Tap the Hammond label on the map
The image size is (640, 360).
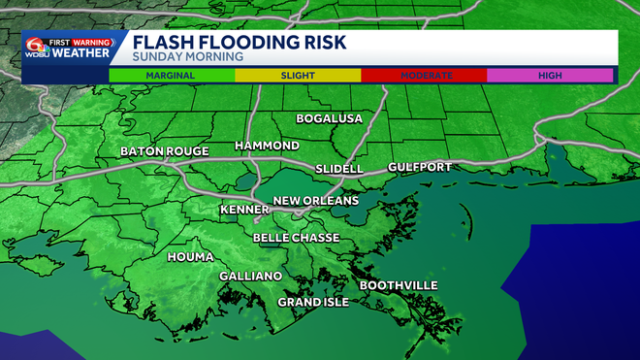pyautogui.click(x=267, y=146)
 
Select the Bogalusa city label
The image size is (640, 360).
pyautogui.click(x=329, y=118)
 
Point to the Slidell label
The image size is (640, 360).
pyautogui.click(x=338, y=169)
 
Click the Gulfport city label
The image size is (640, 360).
pyautogui.click(x=419, y=167)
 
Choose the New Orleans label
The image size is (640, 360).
pyautogui.click(x=315, y=201)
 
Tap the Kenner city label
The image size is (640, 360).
pyautogui.click(x=244, y=209)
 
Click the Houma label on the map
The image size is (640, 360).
pyautogui.click(x=190, y=258)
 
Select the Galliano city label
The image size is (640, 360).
pyautogui.click(x=250, y=277)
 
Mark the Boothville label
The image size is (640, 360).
pyautogui.click(x=399, y=285)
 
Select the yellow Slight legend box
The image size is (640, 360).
pyautogui.click(x=297, y=75)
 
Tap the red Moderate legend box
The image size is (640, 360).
pyautogui.click(x=423, y=75)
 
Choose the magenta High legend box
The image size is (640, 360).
pyautogui.click(x=549, y=75)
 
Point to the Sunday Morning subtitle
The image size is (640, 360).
pyautogui.click(x=176, y=58)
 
